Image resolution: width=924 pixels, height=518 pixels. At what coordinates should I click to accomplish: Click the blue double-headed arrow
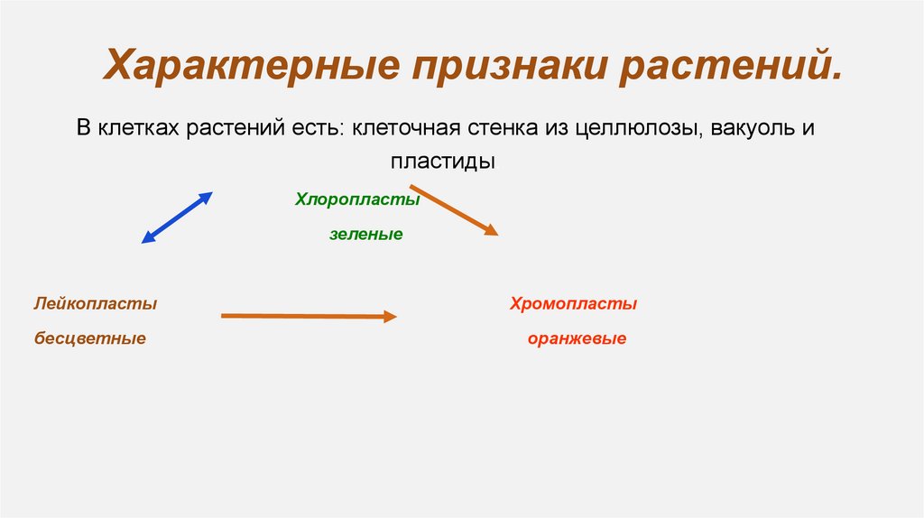pyautogui.click(x=177, y=217)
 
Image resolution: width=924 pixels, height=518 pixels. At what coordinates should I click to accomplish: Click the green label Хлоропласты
pyautogui.click(x=357, y=199)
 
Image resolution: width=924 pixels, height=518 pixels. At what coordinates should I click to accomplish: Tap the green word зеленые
pyautogui.click(x=365, y=235)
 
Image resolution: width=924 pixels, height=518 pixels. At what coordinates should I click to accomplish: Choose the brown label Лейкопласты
pyautogui.click(x=96, y=304)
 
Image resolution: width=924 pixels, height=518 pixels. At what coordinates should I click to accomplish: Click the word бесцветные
pyautogui.click(x=90, y=339)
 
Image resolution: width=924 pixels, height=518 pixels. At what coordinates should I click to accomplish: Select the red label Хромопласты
pyautogui.click(x=573, y=304)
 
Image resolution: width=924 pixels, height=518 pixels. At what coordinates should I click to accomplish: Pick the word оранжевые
pyautogui.click(x=577, y=339)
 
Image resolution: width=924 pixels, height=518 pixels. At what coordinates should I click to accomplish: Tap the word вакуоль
pyautogui.click(x=754, y=128)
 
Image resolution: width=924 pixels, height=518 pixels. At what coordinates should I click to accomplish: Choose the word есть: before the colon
pyautogui.click(x=315, y=128)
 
